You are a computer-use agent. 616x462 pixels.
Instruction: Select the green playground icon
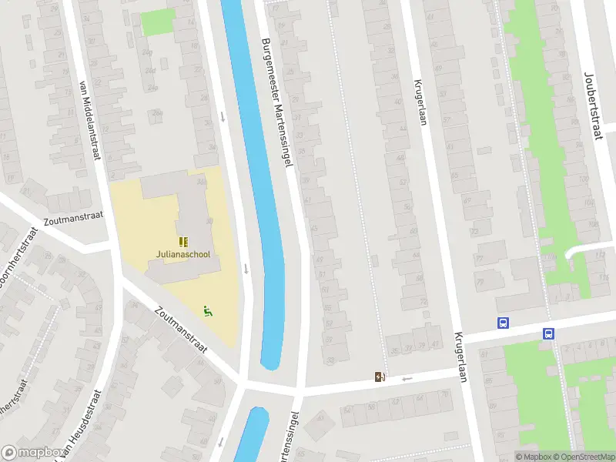[x=207, y=311]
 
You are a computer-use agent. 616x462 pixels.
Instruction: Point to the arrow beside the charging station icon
[x=407, y=378]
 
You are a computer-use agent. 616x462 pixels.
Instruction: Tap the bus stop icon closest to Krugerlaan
[x=504, y=323]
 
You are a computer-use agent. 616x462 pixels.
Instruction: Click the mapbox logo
[x=32, y=453]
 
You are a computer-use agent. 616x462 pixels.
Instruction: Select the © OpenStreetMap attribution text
[x=581, y=457]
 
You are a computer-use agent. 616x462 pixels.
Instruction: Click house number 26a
[x=157, y=113]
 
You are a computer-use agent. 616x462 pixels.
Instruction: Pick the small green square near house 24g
[x=158, y=22]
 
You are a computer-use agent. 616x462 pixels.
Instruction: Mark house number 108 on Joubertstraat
[x=592, y=224]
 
